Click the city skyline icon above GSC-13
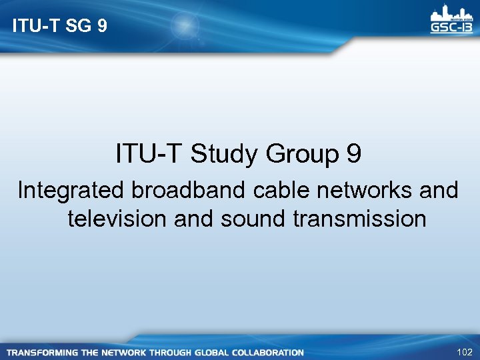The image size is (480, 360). click(x=450, y=13)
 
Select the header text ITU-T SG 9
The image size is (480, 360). click(x=59, y=27)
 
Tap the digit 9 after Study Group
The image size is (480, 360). click(x=354, y=155)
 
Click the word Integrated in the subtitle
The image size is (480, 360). click(x=70, y=191)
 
